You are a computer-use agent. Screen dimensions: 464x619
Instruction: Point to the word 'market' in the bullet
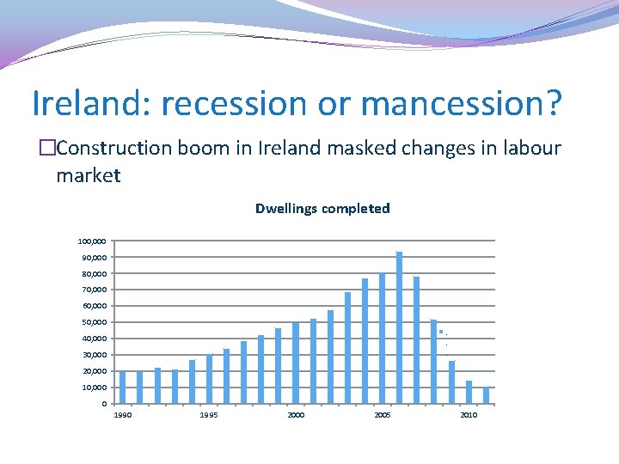[89, 176]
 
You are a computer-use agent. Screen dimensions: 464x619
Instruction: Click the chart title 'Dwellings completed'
[322, 209]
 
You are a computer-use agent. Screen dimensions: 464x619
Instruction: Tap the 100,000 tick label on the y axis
[91, 241]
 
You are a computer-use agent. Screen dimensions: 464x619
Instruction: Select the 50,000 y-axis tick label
[93, 322]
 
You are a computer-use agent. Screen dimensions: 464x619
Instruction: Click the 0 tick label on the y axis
[103, 404]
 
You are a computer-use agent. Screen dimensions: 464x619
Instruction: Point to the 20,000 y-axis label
[93, 371]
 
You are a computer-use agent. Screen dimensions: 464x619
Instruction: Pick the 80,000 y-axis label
[93, 274]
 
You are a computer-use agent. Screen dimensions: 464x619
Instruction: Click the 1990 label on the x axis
[123, 415]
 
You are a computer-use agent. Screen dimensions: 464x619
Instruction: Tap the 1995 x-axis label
[209, 415]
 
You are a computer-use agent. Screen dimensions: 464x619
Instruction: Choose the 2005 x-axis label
[383, 415]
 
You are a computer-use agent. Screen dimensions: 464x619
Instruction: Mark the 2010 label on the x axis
[469, 415]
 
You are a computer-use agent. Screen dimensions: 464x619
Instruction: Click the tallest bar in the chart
[399, 327]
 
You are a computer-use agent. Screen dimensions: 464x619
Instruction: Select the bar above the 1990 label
[123, 388]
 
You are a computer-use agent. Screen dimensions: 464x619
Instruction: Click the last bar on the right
[486, 395]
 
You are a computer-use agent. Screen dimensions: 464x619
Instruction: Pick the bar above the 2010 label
[469, 392]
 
